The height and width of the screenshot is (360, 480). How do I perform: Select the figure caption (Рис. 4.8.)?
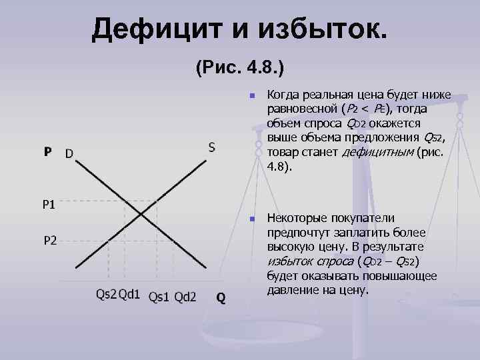241,68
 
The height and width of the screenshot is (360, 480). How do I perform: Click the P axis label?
47,153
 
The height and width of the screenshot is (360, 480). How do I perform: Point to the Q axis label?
220,298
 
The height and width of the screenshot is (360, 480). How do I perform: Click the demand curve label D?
69,154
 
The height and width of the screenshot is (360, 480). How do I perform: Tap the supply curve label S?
211,147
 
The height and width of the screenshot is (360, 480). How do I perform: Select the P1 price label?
49,205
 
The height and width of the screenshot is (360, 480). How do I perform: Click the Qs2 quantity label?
106,293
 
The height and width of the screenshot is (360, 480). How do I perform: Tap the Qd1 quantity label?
129,293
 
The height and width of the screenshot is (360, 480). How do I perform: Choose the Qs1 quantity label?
159,296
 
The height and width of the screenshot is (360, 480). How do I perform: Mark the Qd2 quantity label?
185,296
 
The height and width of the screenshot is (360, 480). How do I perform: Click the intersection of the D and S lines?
141,214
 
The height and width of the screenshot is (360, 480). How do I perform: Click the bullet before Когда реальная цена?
251,96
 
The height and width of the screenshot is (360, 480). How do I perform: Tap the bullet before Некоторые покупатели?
251,219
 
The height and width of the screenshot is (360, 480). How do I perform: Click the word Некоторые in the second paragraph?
297,218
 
